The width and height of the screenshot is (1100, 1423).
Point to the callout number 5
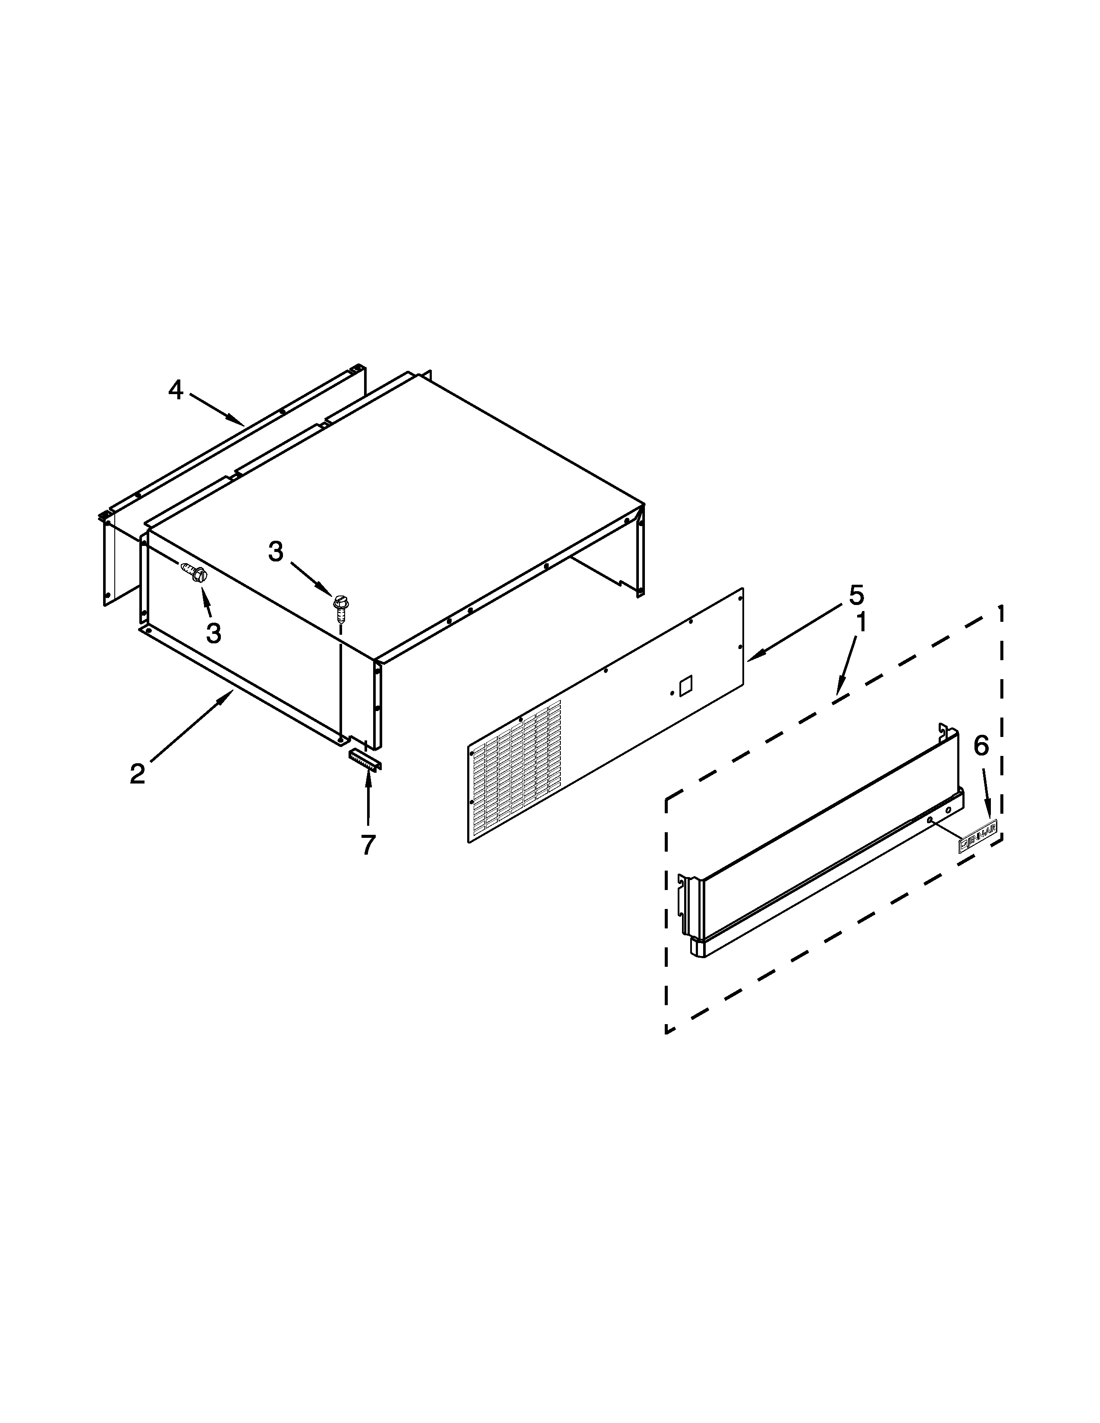tap(856, 595)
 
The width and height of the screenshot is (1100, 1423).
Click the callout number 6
tap(981, 746)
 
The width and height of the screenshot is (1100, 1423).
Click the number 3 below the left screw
tap(213, 632)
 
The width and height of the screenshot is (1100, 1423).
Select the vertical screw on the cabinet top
tap(339, 606)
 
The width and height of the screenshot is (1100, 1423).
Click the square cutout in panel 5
tap(685, 687)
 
